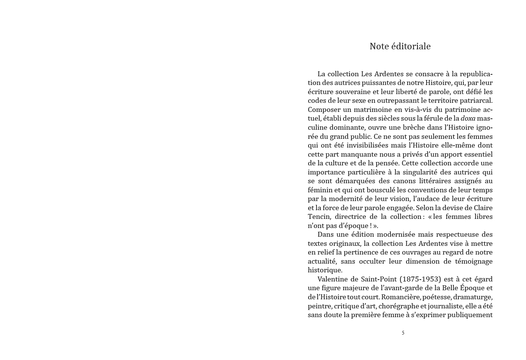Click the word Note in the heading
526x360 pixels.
click(x=379, y=46)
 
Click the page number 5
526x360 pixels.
click(x=403, y=333)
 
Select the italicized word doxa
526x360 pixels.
click(x=468, y=118)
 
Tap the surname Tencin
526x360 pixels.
click(x=319, y=217)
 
